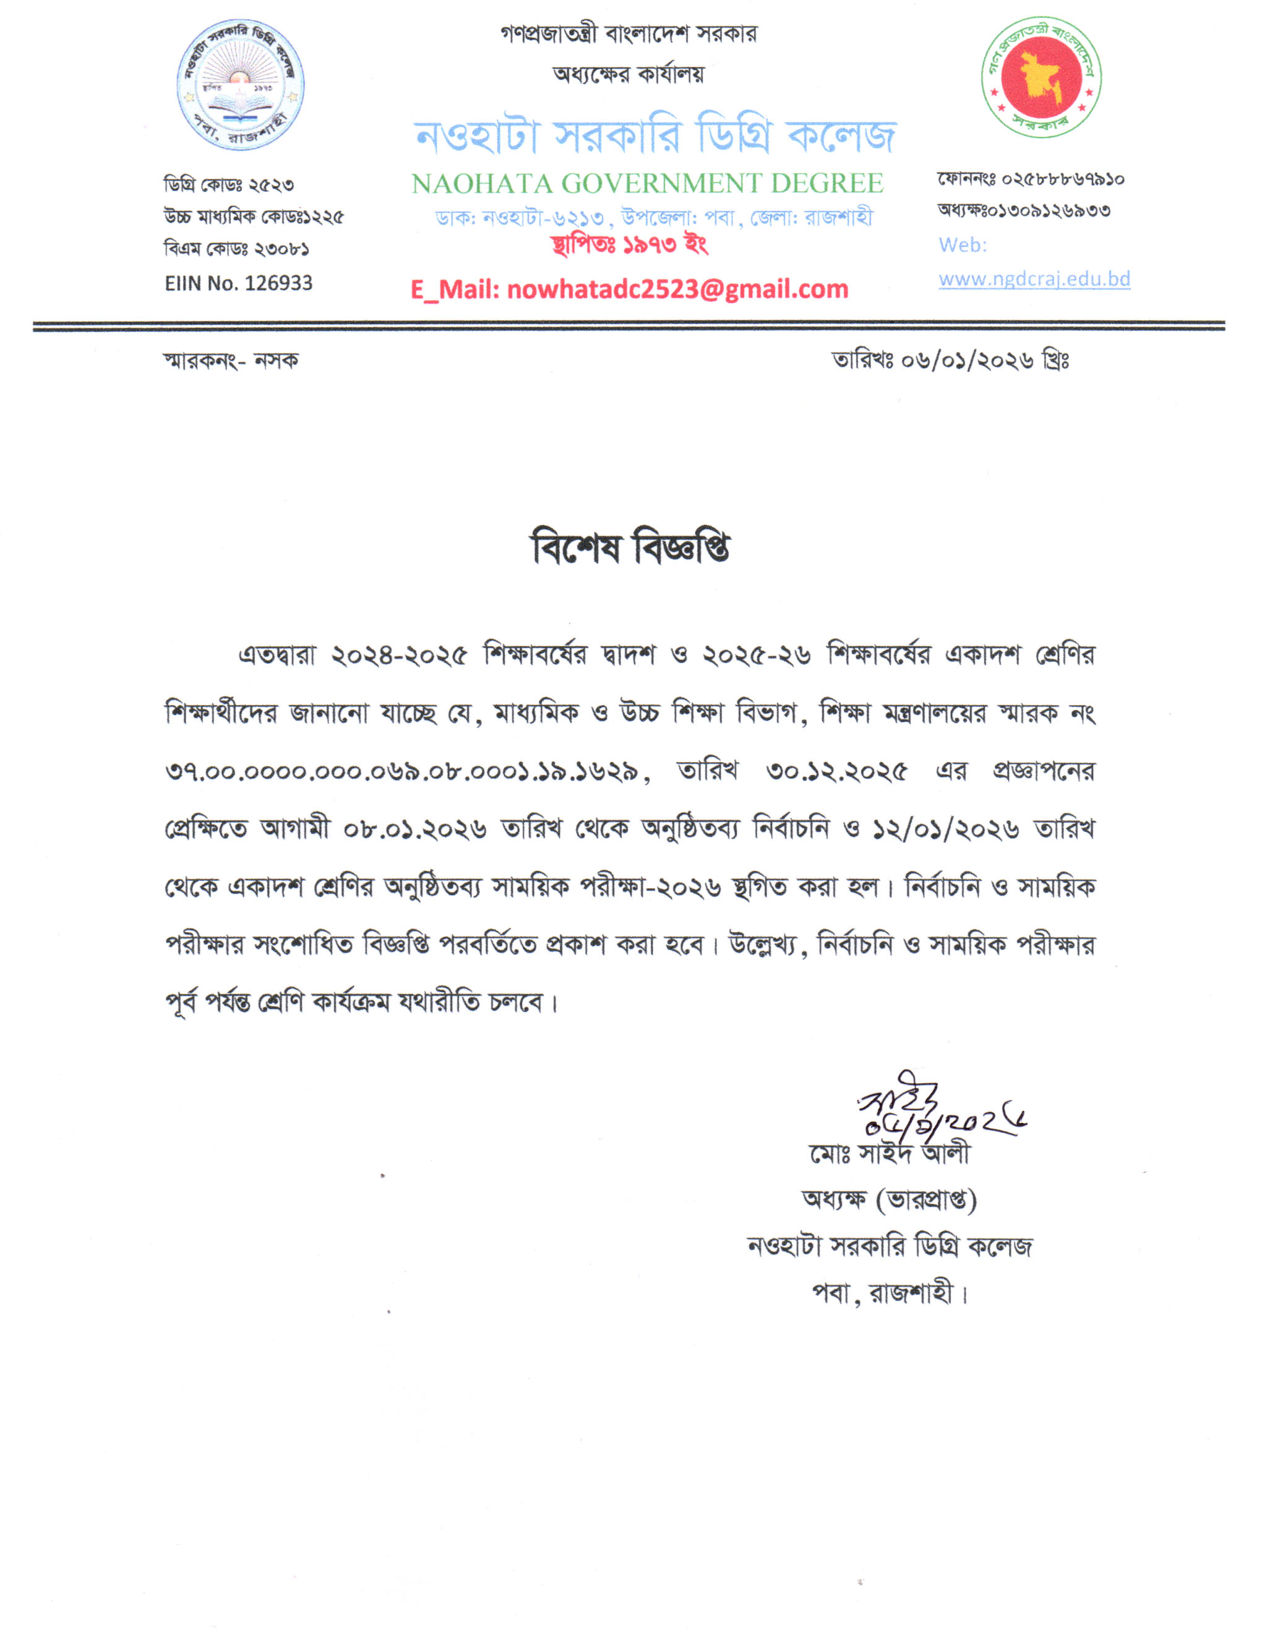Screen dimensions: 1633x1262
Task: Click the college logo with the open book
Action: (240, 85)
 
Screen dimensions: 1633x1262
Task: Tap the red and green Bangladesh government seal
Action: (1041, 77)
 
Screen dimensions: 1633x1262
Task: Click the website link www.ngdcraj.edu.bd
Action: (1034, 279)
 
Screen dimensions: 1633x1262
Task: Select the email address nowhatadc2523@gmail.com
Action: (677, 289)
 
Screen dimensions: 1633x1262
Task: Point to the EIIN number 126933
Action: (278, 283)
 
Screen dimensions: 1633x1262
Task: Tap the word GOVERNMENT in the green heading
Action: (662, 183)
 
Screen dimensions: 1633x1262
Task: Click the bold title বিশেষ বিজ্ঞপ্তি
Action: (630, 548)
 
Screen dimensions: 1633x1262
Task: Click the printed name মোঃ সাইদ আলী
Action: (889, 1154)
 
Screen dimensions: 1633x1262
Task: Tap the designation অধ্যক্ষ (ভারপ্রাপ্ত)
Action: (889, 1200)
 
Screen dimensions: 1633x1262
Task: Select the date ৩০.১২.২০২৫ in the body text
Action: (836, 771)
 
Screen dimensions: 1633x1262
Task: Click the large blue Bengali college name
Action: (655, 136)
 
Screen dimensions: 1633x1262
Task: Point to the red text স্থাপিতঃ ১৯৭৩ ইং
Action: (630, 244)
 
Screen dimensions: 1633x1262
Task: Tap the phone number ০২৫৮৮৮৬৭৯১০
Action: (1062, 179)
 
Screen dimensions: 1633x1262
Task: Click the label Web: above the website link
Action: (962, 245)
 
